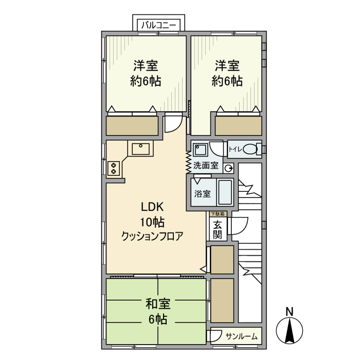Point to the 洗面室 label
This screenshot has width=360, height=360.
pyautogui.click(x=206, y=166)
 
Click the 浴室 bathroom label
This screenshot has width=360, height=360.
pyautogui.click(x=202, y=194)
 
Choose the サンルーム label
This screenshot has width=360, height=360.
pyautogui.click(x=241, y=336)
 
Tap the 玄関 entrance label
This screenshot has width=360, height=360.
pyautogui.click(x=218, y=229)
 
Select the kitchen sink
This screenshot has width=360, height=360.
pyautogui.click(x=141, y=149)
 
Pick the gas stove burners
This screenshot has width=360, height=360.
pyautogui.click(x=114, y=168)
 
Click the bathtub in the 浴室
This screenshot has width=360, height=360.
pyautogui.click(x=225, y=192)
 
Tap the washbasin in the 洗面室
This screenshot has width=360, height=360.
pyautogui.click(x=200, y=150)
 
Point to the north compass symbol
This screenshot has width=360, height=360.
pyautogui.click(x=290, y=331)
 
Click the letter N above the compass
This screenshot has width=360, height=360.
pyautogui.click(x=290, y=311)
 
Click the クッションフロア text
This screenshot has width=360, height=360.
pyautogui.click(x=152, y=236)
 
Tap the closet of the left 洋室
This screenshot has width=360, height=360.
pyautogui.click(x=132, y=125)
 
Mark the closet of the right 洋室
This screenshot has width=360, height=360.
pyautogui.click(x=238, y=125)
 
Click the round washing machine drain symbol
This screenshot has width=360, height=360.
pyautogui.click(x=229, y=167)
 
